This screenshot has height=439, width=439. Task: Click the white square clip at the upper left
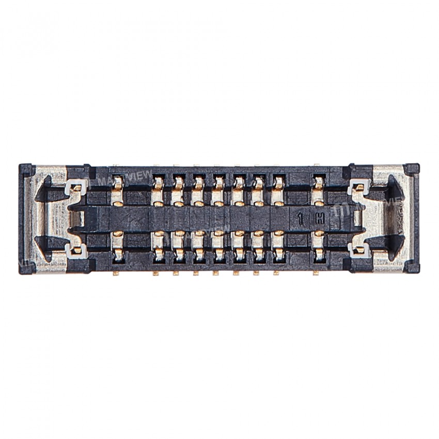tap(75, 186)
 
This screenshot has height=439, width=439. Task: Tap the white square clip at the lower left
tap(76, 252)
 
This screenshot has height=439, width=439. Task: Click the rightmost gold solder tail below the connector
tap(315, 273)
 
